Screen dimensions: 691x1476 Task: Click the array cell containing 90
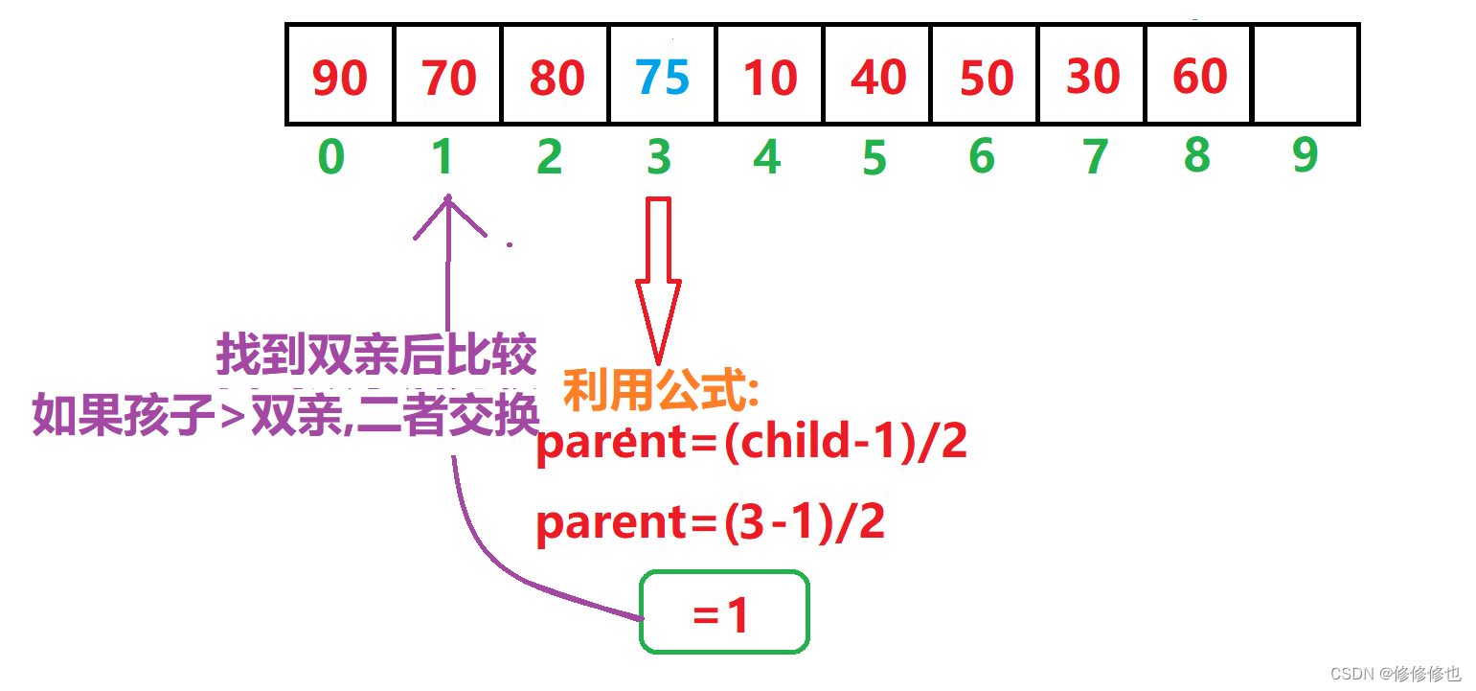[x=340, y=76]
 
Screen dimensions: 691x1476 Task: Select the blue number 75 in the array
[x=662, y=76]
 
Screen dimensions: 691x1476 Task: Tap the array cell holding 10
[x=769, y=76]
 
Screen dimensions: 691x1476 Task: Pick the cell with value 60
[x=1198, y=76]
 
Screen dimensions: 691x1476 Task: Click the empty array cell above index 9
[x=1306, y=76]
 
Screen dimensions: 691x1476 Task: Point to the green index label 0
[x=330, y=156]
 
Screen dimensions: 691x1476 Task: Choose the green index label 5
[x=874, y=158]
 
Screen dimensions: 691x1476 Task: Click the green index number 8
[x=1196, y=155]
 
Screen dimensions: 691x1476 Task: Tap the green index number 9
[x=1305, y=155]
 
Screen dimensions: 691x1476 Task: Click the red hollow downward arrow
[x=659, y=278]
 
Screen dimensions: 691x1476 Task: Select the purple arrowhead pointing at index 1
[x=447, y=216]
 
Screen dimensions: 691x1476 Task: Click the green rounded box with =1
[x=724, y=612]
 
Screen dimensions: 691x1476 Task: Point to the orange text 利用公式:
[x=661, y=390]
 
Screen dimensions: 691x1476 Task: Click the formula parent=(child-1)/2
[x=752, y=443]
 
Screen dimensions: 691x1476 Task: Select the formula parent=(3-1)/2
[x=710, y=523]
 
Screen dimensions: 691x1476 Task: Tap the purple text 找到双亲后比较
[x=375, y=356]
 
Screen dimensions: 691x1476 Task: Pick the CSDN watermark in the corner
[x=1396, y=673]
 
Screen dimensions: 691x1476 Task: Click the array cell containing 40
[x=878, y=76]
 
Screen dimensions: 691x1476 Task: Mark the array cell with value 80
[x=556, y=76]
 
